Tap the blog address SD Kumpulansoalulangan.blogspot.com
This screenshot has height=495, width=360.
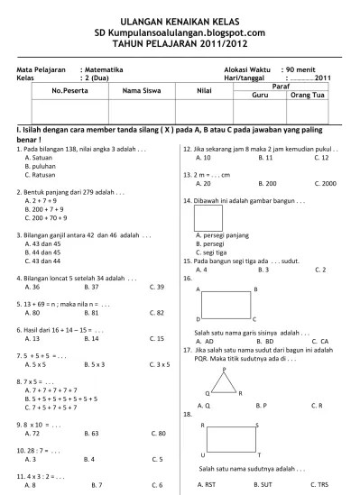pos(180,32)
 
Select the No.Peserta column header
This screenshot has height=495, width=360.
pos(74,91)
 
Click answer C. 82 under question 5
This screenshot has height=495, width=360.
pos(155,313)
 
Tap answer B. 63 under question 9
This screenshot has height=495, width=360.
pos(90,434)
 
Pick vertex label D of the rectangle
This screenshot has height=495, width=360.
pos(198,319)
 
